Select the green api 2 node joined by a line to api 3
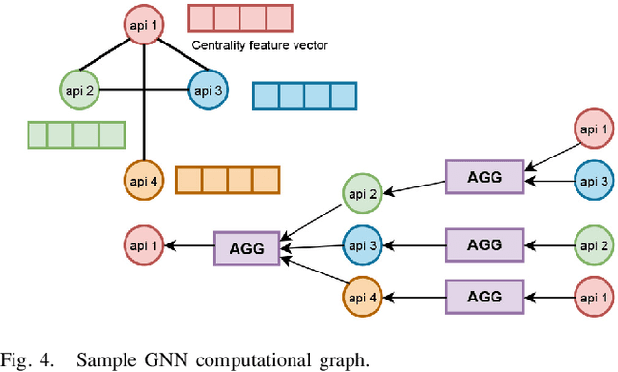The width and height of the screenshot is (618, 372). tap(78, 91)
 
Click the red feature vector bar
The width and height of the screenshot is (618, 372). tap(239, 18)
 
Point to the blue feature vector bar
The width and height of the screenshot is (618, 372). tap(304, 96)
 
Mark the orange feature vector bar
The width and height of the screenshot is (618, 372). tap(227, 180)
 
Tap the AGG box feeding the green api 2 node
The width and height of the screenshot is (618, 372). tap(484, 177)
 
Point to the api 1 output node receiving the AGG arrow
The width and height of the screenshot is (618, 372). tap(144, 246)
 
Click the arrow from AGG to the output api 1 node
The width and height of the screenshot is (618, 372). tap(188, 246)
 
